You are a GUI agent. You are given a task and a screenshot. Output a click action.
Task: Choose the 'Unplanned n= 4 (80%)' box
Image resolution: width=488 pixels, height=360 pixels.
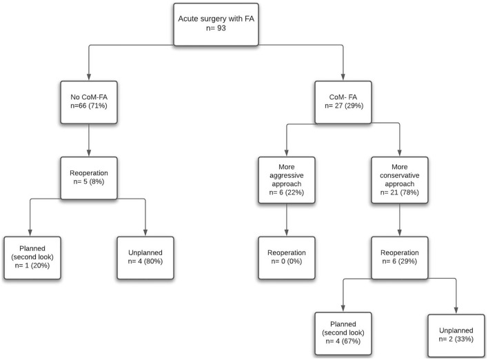click(145, 256)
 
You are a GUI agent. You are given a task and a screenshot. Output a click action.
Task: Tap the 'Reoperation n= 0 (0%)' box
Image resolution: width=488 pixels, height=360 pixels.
click(286, 256)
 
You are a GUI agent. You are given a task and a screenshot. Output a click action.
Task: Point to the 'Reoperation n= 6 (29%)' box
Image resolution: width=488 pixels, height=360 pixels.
click(400, 256)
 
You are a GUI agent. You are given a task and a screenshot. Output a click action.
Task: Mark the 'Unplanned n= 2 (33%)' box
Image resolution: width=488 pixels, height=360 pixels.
click(456, 333)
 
